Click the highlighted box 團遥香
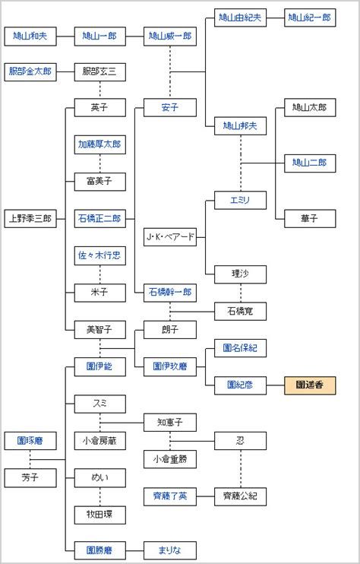pyautogui.click(x=309, y=385)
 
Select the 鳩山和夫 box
pyautogui.click(x=30, y=36)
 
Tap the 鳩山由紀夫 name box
pyautogui.click(x=239, y=18)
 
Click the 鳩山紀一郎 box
pyautogui.click(x=309, y=18)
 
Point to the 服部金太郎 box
pyautogui.click(x=30, y=72)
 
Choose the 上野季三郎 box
pyautogui.click(x=30, y=218)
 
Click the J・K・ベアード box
pyautogui.click(x=169, y=237)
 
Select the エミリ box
pyautogui.click(x=239, y=201)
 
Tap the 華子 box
pyautogui.click(x=309, y=218)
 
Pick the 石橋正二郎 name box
pyautogui.click(x=99, y=218)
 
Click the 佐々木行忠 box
pyautogui.click(x=99, y=255)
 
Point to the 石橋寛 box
pyautogui.click(x=239, y=310)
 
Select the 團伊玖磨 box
pyautogui.click(x=169, y=366)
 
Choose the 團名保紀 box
pyautogui.click(x=239, y=348)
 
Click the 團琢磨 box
pyautogui.click(x=30, y=441)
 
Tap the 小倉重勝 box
pyautogui.click(x=169, y=458)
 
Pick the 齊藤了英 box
pyautogui.click(x=169, y=496)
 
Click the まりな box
pyautogui.click(x=169, y=550)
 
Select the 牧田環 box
pyautogui.click(x=99, y=514)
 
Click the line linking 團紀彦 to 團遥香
pyautogui.click(x=274, y=385)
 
